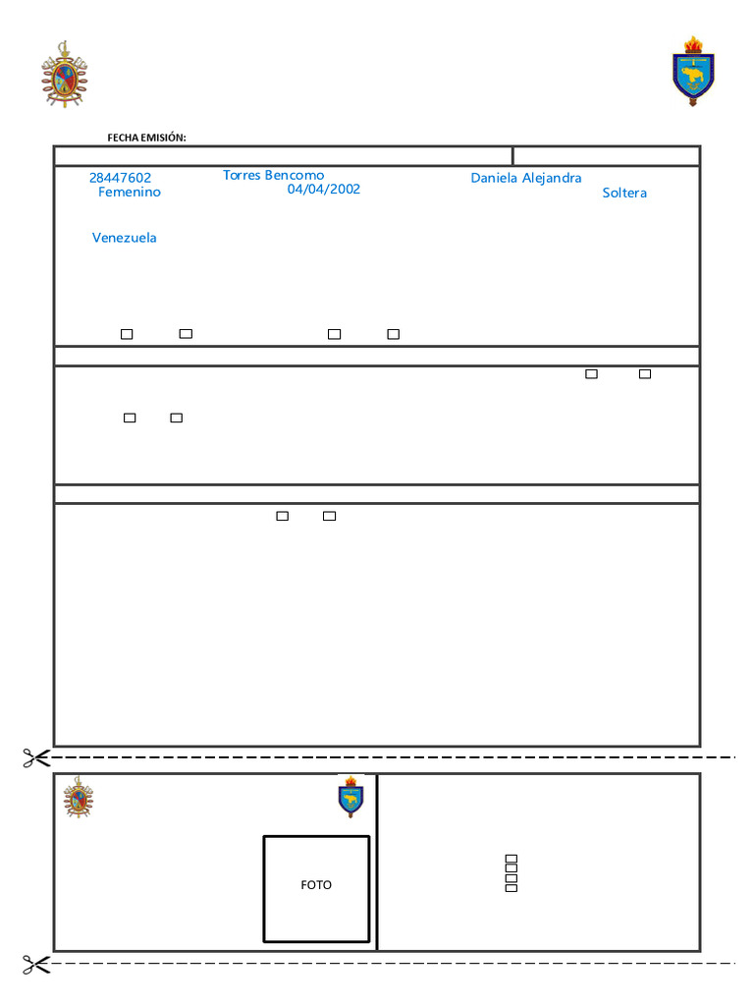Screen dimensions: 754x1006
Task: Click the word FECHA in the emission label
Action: point(123,139)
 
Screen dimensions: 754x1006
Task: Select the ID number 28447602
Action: point(120,178)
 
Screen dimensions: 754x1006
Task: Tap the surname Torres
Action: point(242,175)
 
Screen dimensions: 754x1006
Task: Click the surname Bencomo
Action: point(295,175)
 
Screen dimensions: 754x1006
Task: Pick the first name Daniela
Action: point(495,178)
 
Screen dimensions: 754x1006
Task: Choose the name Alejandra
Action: point(552,178)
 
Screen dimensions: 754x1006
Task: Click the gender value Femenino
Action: point(130,193)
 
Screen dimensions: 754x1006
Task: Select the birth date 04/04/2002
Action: point(323,189)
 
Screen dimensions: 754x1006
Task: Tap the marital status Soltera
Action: point(624,193)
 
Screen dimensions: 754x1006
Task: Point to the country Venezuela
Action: point(125,238)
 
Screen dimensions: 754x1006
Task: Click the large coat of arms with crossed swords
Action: point(64,75)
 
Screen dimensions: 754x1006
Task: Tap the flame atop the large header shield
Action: point(693,44)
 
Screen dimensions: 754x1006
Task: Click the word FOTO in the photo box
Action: point(316,885)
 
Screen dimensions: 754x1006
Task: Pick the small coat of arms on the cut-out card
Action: point(79,797)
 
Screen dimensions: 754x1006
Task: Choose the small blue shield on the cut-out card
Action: point(350,799)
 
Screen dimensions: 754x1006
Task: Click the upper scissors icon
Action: point(36,756)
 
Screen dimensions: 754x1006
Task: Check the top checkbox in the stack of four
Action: point(511,860)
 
